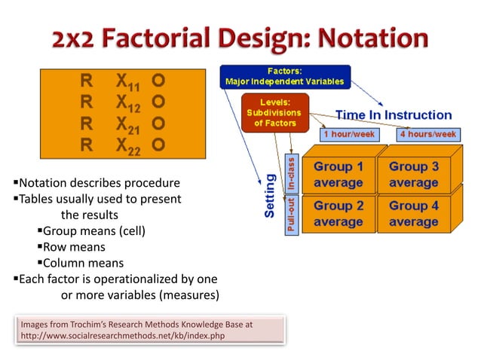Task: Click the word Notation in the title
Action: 373,38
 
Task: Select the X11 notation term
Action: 128,82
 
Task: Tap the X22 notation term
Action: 128,146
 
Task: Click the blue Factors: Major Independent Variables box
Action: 285,77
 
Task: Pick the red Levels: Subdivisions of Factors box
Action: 275,113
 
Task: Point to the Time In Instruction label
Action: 394,115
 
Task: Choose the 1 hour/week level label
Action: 349,134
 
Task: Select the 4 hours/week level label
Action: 428,134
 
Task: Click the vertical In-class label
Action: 292,173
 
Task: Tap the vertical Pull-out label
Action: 292,215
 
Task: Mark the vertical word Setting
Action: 270,196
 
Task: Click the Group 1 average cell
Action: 339,175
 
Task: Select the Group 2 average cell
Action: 339,214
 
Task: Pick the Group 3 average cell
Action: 414,175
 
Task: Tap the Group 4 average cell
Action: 414,214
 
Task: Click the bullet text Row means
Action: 74,247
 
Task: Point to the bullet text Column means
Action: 83,263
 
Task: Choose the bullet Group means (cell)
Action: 94,231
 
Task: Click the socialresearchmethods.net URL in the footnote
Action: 123,336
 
